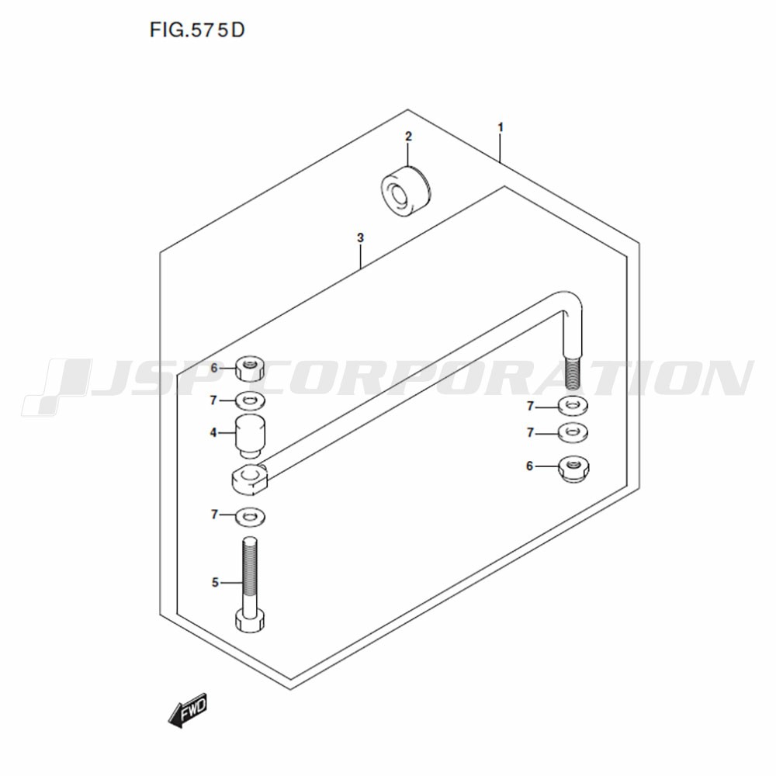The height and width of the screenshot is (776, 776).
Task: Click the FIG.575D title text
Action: click(197, 30)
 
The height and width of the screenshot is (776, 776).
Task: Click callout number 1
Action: click(501, 128)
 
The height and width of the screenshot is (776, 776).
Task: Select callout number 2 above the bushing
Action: click(408, 137)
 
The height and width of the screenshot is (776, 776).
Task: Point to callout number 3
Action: click(360, 238)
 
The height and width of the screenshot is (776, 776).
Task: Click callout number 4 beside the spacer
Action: click(213, 433)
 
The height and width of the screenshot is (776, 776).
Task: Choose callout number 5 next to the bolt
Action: click(215, 583)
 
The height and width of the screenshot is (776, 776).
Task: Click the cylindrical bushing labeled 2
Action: click(406, 191)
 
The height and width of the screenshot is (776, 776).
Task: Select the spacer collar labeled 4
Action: click(250, 435)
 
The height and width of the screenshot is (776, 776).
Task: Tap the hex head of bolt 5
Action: click(250, 621)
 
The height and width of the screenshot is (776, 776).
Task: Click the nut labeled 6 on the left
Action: click(250, 368)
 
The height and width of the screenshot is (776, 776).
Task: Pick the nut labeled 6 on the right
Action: click(573, 469)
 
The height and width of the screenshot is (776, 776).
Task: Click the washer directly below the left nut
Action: click(250, 400)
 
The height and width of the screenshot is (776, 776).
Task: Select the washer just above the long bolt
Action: click(250, 517)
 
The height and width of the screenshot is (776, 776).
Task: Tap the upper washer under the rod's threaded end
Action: click(573, 407)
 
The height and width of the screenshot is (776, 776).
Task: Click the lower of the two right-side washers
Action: click(573, 433)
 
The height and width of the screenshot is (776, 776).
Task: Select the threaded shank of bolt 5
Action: click(250, 574)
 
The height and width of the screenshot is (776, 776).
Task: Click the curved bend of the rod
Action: click(569, 303)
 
